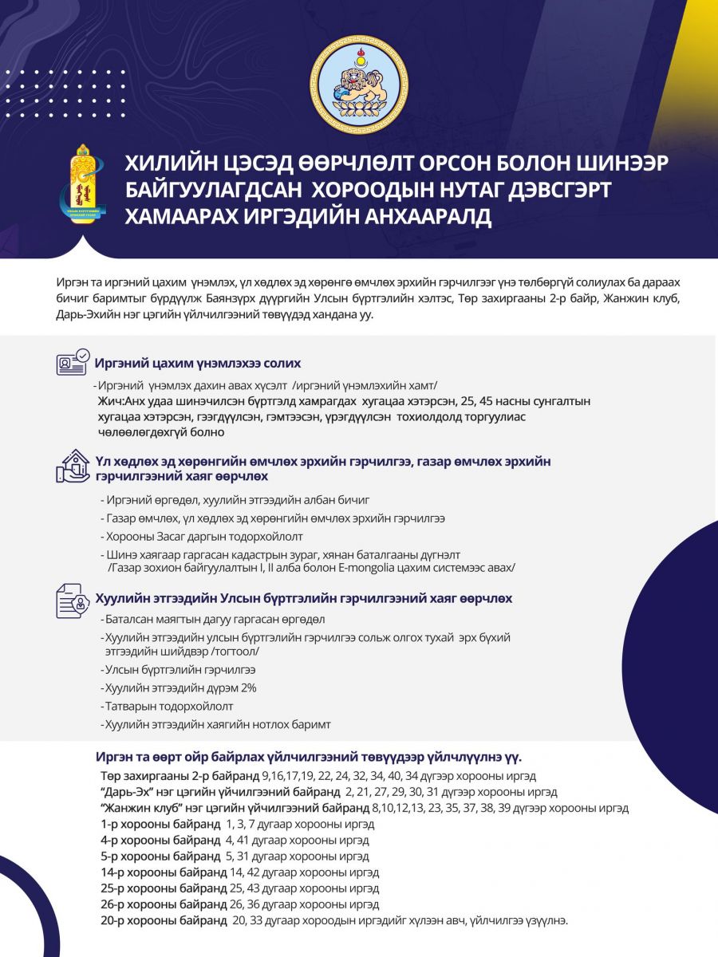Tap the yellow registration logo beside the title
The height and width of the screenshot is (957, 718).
pos(82,185)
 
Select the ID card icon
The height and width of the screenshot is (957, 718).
pos(72,363)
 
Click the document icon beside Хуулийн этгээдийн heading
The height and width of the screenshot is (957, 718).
pos(72,600)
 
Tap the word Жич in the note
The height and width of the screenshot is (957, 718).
pos(108,401)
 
